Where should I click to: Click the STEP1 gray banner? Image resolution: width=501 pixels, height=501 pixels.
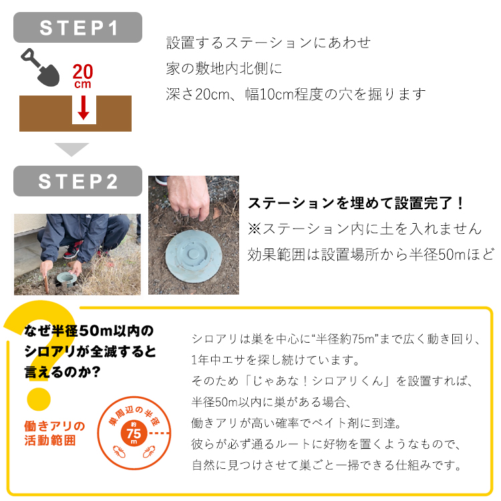point(78,27)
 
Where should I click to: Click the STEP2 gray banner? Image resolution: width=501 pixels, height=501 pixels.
point(78,181)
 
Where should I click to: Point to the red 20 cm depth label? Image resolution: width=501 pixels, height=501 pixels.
point(83,75)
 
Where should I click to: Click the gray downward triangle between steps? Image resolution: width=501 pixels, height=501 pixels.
point(71,149)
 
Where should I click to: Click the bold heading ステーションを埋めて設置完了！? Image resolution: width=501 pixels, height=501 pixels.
point(356,203)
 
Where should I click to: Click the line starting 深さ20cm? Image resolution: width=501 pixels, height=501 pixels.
point(295,94)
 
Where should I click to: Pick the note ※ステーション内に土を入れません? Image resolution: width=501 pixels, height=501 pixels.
point(364,228)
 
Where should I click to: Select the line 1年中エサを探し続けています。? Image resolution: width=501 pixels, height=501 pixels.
point(275,360)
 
